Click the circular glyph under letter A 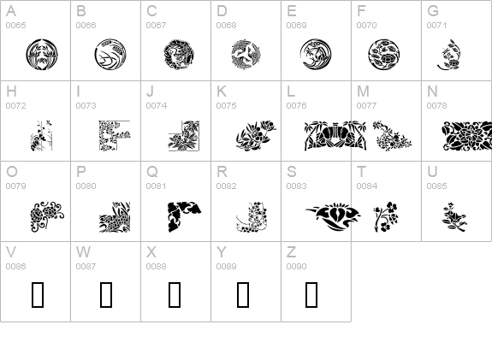[42, 55]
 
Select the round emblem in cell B [110, 55]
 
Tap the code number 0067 [156, 26]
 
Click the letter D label [222, 11]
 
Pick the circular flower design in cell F [383, 55]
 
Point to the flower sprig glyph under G [449, 55]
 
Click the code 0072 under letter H [15, 106]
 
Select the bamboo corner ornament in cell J [184, 135]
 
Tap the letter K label [222, 91]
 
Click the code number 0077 [366, 106]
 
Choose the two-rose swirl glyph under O [47, 216]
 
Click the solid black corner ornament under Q [184, 216]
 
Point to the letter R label [222, 172]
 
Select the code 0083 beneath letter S [297, 186]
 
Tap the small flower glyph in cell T [386, 216]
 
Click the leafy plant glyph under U [454, 216]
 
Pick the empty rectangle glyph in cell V [38, 294]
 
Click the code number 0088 [156, 266]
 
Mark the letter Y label [222, 252]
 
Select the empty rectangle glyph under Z [311, 294]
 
